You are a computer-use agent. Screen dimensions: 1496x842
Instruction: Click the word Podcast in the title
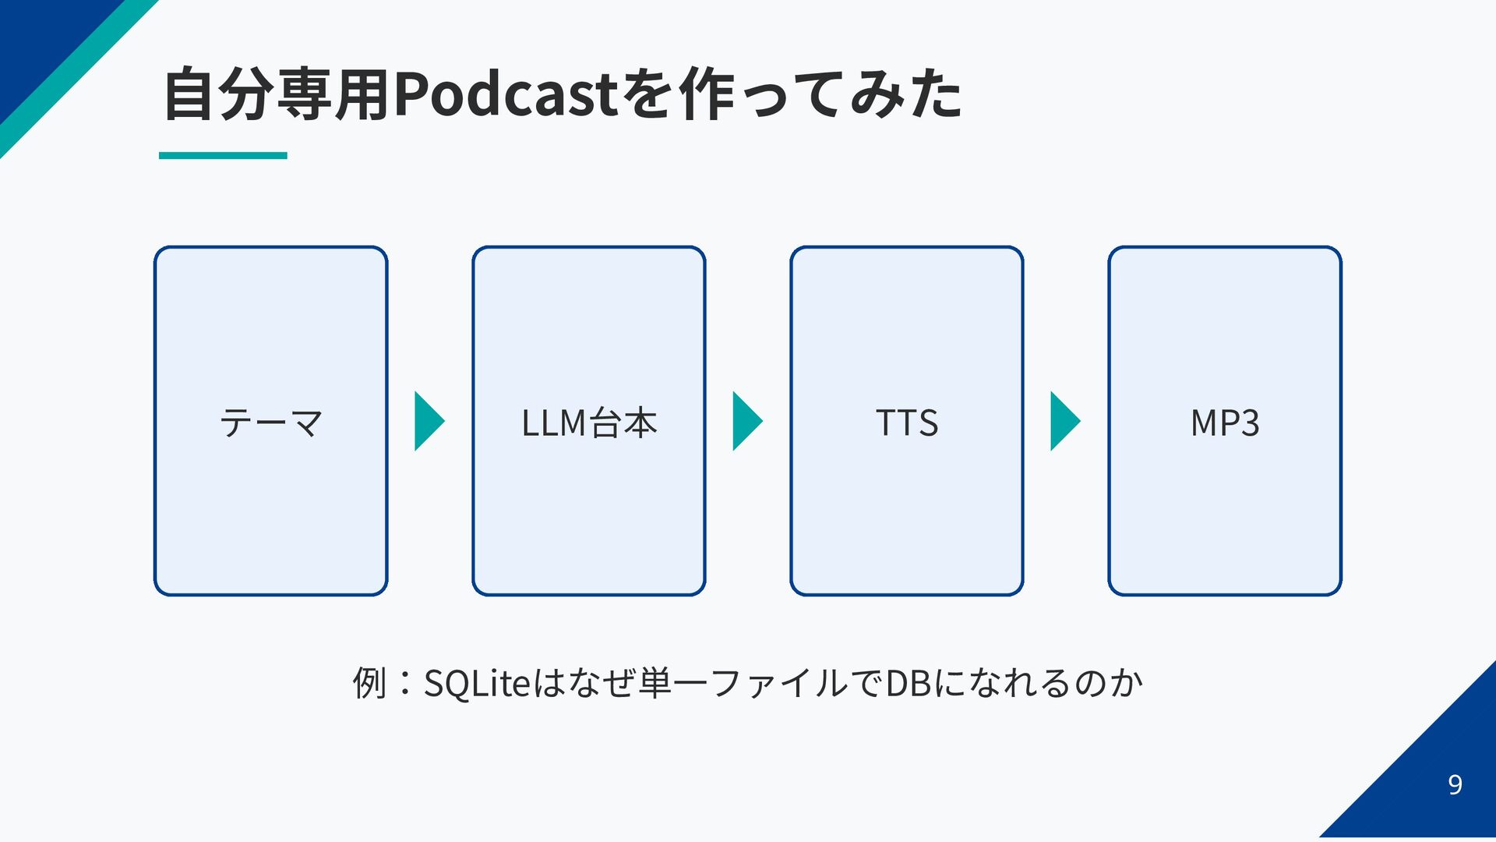pos(506,94)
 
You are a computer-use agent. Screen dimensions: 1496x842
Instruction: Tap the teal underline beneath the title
pos(223,155)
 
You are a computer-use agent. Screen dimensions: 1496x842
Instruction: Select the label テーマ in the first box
pos(271,423)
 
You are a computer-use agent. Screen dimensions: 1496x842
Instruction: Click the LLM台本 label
pos(589,423)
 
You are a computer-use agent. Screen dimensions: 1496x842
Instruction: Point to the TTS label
pos(907,423)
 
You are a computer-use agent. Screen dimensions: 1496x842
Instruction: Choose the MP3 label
pos(1225,423)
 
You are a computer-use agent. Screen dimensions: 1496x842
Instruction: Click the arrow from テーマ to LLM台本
pos(429,421)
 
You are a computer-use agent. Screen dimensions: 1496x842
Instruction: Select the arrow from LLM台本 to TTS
pos(747,421)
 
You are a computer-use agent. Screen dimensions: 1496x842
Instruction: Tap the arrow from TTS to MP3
pos(1065,421)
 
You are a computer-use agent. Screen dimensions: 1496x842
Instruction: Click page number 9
pos(1455,784)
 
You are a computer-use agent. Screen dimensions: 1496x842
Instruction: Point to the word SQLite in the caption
pos(477,684)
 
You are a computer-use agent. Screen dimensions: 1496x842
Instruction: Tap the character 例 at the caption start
pos(369,683)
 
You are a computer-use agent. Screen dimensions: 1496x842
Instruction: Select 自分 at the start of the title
pos(220,94)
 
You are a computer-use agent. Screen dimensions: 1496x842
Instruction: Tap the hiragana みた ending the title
pos(907,94)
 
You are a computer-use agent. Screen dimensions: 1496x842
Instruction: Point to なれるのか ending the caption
pos(1055,684)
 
